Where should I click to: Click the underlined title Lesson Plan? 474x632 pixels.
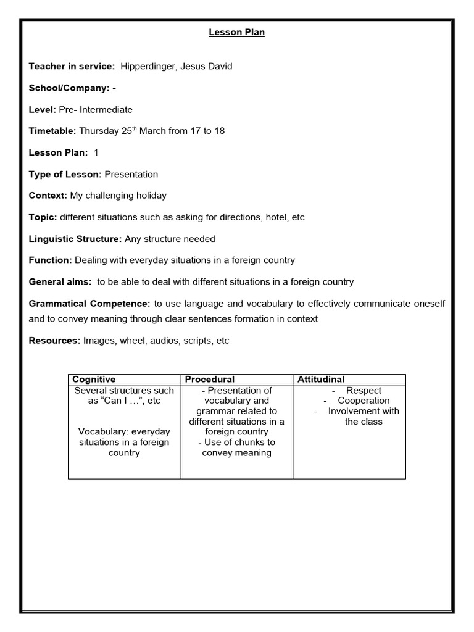[x=236, y=33]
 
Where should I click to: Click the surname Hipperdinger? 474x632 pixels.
[x=149, y=66]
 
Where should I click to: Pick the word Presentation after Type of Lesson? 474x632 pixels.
[x=131, y=174]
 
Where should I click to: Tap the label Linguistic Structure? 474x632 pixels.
[x=75, y=238]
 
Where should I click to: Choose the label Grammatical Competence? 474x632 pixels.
[x=89, y=304]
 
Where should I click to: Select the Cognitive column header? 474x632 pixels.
[x=94, y=379]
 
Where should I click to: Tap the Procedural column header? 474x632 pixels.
[x=210, y=379]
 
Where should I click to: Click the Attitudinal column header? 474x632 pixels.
[x=321, y=379]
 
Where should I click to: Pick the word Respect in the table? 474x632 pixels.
[x=364, y=391]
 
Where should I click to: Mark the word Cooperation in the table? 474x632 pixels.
[x=364, y=401]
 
